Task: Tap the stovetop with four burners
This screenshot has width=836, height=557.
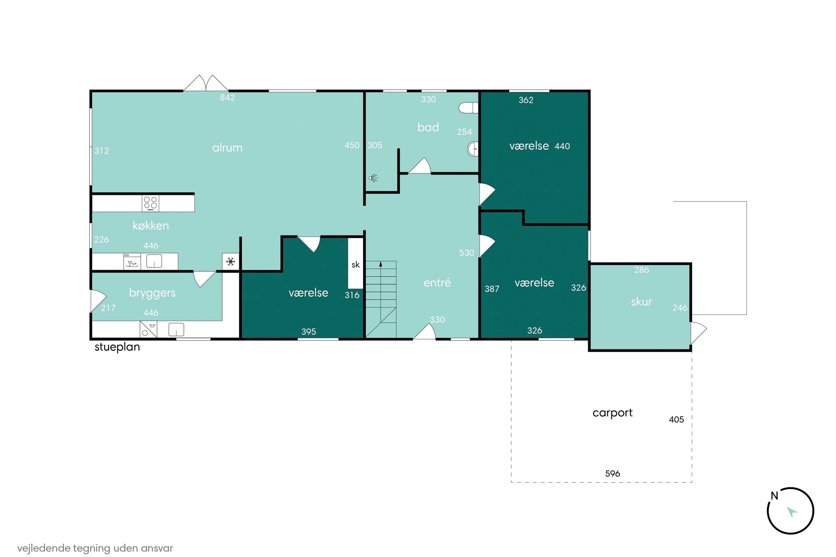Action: [150, 203]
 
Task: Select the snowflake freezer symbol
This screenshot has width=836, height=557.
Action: [231, 262]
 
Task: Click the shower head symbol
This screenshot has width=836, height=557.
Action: [373, 178]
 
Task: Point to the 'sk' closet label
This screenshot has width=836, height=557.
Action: [356, 265]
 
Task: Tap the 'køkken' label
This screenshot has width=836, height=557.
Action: [150, 225]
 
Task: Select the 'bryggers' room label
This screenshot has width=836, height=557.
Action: [152, 293]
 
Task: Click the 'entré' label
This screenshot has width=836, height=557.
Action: [437, 282]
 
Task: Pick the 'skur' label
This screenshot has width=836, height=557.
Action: [641, 302]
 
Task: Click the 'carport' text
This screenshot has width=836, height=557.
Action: [613, 413]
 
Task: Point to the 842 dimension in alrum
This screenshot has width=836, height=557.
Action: [227, 97]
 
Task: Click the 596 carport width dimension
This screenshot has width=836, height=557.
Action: [613, 473]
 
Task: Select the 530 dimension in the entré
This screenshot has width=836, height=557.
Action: [467, 252]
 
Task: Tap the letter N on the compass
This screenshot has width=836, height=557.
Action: [774, 496]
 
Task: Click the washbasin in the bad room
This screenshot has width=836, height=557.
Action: [473, 149]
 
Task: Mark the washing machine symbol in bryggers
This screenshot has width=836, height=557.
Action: [149, 329]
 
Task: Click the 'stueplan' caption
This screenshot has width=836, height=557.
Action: [117, 347]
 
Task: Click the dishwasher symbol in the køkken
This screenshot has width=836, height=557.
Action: [132, 261]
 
